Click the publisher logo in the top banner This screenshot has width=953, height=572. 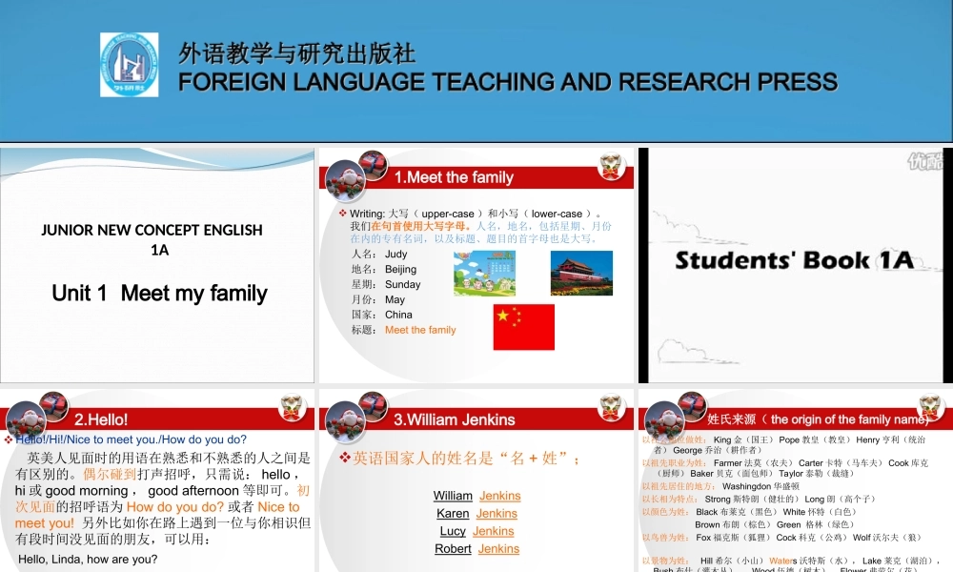(x=129, y=65)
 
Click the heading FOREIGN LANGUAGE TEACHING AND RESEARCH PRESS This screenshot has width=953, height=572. (x=508, y=82)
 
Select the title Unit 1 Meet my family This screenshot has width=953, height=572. (x=159, y=293)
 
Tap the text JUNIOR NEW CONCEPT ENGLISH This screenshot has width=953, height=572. (x=152, y=229)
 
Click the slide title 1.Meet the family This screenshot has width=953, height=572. (x=454, y=177)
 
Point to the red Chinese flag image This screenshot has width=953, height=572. (x=523, y=326)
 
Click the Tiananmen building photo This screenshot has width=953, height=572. (x=581, y=273)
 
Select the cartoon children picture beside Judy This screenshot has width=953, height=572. (x=484, y=273)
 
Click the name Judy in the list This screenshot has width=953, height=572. (x=396, y=255)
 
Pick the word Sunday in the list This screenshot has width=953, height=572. (x=402, y=284)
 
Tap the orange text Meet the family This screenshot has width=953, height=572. (x=420, y=330)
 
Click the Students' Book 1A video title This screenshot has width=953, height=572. (x=794, y=259)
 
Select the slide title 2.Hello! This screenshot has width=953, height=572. (x=101, y=419)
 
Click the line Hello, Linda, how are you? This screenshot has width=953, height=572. (x=88, y=559)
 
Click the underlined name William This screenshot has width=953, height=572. (x=453, y=496)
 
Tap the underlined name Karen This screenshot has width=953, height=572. (x=453, y=513)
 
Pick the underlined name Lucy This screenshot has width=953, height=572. (x=453, y=531)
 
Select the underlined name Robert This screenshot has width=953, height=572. (x=453, y=548)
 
